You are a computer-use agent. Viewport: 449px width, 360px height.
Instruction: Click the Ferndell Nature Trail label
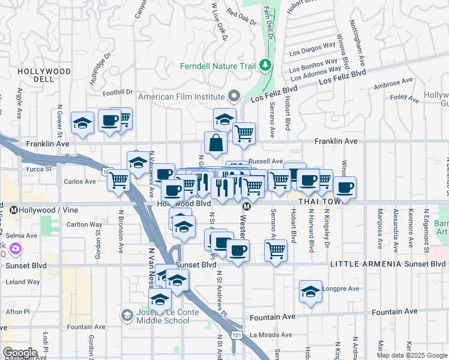click(x=218, y=65)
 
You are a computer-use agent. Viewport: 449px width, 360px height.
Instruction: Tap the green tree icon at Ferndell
click(x=265, y=64)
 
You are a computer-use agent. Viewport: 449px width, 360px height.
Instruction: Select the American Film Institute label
click(x=181, y=96)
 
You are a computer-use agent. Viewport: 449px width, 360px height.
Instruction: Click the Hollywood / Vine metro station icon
click(x=13, y=210)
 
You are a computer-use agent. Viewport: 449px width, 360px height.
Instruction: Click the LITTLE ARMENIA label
click(x=361, y=264)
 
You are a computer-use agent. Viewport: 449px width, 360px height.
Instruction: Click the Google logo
click(x=20, y=353)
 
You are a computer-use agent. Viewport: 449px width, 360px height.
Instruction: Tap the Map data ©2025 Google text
click(x=411, y=355)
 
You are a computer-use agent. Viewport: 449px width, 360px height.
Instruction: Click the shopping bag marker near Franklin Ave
click(x=215, y=143)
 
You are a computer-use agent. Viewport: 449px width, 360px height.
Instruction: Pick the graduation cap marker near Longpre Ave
click(x=310, y=292)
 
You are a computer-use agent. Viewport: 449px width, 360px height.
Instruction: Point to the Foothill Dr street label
click(x=117, y=92)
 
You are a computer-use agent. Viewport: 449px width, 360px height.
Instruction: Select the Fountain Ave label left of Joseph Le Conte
click(x=86, y=327)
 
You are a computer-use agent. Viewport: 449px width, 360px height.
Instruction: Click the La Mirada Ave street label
click(x=270, y=335)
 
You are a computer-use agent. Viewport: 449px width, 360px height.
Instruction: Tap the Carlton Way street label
click(x=83, y=224)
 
